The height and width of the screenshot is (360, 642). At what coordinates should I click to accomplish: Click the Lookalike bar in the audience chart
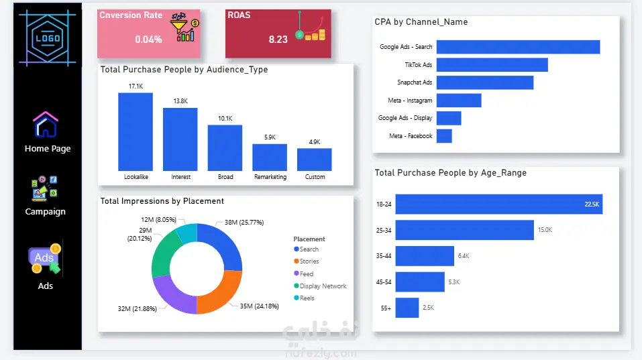click(x=136, y=131)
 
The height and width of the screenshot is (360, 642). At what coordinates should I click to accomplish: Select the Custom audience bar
click(x=315, y=160)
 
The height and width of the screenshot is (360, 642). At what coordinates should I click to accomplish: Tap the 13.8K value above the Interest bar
click(x=180, y=101)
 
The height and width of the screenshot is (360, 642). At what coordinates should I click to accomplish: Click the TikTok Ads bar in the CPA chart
click(x=492, y=64)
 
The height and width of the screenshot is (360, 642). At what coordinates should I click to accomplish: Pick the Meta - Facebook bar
click(x=444, y=136)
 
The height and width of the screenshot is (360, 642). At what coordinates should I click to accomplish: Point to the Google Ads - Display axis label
click(x=405, y=118)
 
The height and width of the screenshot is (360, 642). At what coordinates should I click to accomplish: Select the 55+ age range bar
click(x=407, y=308)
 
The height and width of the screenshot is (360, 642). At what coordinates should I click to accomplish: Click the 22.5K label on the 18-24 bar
click(x=592, y=204)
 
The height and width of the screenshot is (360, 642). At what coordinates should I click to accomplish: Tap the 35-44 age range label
click(x=384, y=256)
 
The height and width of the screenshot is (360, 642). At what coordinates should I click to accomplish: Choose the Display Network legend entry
click(x=320, y=286)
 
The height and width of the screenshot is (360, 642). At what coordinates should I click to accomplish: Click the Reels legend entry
click(x=304, y=298)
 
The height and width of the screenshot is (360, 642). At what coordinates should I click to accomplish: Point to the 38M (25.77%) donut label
click(x=244, y=223)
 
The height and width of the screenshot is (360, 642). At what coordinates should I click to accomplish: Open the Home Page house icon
click(x=46, y=125)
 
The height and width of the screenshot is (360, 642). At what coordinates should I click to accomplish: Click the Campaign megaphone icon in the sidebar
click(x=45, y=188)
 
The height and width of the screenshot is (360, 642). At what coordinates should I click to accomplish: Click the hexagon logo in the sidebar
click(x=48, y=38)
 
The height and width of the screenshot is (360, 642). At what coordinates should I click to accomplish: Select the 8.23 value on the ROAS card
click(x=278, y=40)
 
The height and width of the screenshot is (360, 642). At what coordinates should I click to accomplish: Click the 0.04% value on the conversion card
click(x=149, y=40)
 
